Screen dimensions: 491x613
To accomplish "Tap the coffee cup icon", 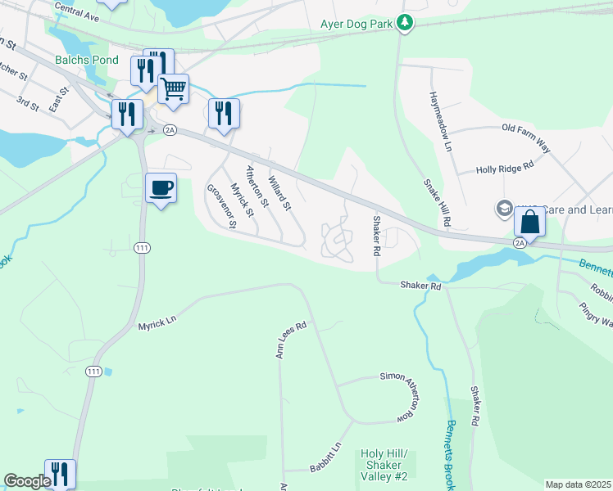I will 161,188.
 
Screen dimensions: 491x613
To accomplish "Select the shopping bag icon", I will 529,222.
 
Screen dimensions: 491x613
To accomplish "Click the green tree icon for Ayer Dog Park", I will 404,23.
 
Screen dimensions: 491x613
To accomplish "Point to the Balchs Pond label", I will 87,60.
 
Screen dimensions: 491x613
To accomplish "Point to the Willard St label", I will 280,189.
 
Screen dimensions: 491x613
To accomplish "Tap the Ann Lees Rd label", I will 290,339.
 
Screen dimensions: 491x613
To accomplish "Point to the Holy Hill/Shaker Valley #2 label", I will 384,465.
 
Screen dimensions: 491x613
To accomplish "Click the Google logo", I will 27,481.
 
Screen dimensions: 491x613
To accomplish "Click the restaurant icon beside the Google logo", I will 60,473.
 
